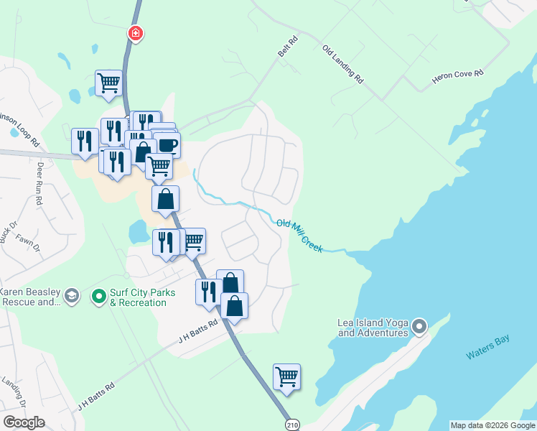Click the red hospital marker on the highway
[x=135, y=33]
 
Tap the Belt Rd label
[x=287, y=49]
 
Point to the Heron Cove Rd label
[x=458, y=77]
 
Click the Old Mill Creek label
[x=299, y=236]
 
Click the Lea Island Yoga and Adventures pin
[x=419, y=328]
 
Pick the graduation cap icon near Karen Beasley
[x=71, y=296]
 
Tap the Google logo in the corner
[x=24, y=422]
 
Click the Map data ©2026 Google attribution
[x=492, y=425]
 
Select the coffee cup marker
[x=168, y=145]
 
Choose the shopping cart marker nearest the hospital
[x=108, y=82]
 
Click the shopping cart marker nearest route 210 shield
[x=286, y=376]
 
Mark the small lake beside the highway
[x=137, y=231]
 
